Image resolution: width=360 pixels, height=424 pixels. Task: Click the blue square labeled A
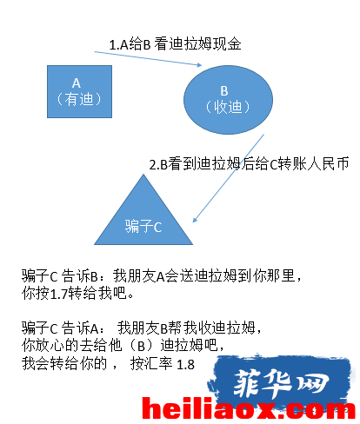tap(79, 91)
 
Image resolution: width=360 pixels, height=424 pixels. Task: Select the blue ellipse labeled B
tap(228, 100)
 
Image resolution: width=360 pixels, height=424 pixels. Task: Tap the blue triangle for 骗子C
tap(143, 215)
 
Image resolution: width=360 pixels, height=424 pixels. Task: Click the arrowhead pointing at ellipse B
tap(199, 65)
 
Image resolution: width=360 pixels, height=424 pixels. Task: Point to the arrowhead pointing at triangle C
tap(195, 219)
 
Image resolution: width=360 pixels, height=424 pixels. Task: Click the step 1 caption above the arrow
tap(175, 44)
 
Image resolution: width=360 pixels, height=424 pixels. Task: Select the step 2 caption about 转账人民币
tap(249, 164)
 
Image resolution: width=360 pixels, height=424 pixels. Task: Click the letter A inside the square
tap(77, 83)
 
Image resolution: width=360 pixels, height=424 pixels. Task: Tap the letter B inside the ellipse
tap(224, 91)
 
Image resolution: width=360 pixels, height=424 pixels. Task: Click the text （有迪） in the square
tap(79, 99)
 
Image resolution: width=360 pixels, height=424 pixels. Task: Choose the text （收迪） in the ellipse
tap(228, 107)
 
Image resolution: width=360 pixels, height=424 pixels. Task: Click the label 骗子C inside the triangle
tap(143, 226)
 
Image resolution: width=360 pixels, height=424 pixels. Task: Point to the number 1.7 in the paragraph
tap(59, 294)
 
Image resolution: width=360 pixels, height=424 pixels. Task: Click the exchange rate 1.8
tap(185, 365)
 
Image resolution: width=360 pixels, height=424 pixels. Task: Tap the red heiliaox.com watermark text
tap(249, 408)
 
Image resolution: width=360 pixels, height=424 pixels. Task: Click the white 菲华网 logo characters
tap(281, 383)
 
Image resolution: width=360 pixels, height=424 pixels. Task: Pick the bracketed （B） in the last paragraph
tap(141, 346)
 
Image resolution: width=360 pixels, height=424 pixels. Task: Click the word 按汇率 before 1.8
tap(151, 363)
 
